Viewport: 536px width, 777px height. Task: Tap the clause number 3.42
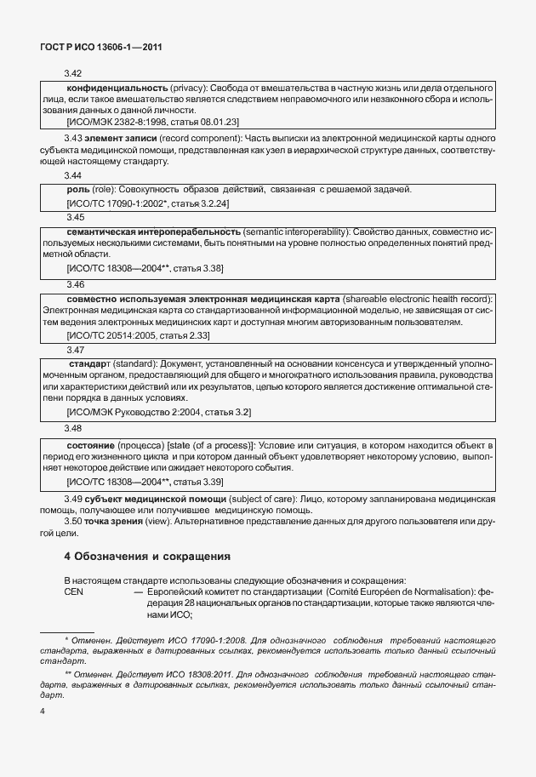pyautogui.click(x=74, y=74)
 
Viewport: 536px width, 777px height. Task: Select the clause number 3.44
pyautogui.click(x=74, y=174)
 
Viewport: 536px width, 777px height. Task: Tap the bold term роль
pyautogui.click(x=77, y=189)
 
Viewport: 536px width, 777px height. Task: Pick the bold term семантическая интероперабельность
pyautogui.click(x=154, y=231)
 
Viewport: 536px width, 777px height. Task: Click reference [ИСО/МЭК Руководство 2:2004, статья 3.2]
pyautogui.click(x=158, y=412)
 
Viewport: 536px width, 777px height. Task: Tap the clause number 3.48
pyautogui.click(x=74, y=428)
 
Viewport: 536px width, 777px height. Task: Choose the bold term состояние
pyautogui.click(x=92, y=445)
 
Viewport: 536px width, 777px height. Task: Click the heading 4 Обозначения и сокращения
pyautogui.click(x=148, y=557)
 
